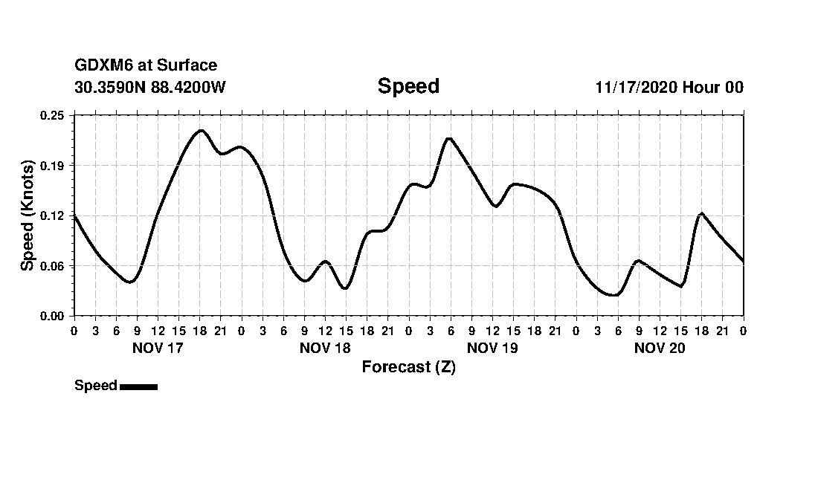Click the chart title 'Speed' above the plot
pos(408,86)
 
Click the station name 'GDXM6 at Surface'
pos(146,66)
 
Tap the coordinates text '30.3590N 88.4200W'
pos(149,87)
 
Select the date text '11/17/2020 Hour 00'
pos(669,87)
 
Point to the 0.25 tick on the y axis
pos(53,115)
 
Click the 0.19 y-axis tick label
pos(53,165)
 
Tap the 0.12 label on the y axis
pos(53,215)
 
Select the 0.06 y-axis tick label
pos(53,266)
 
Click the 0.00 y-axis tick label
pos(53,316)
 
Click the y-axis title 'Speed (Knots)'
pos(28,215)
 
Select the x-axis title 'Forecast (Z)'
pos(408,367)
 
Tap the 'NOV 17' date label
pos(157,348)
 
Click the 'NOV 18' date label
pos(325,348)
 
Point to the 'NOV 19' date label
pos(492,348)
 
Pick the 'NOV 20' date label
pos(660,348)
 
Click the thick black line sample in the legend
pos(138,386)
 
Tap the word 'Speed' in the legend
pos(96,386)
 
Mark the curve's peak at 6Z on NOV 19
pos(449,138)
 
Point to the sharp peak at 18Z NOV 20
pos(701,214)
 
